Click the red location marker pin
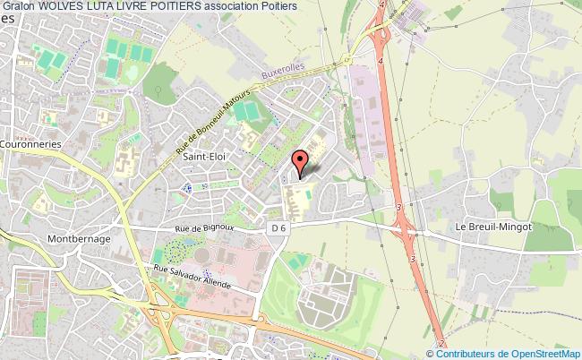click(301, 161)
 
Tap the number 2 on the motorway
click(442, 343)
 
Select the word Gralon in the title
click(18, 6)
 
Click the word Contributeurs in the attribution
click(466, 354)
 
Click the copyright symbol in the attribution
click(435, 354)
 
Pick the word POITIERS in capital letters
click(190, 6)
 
